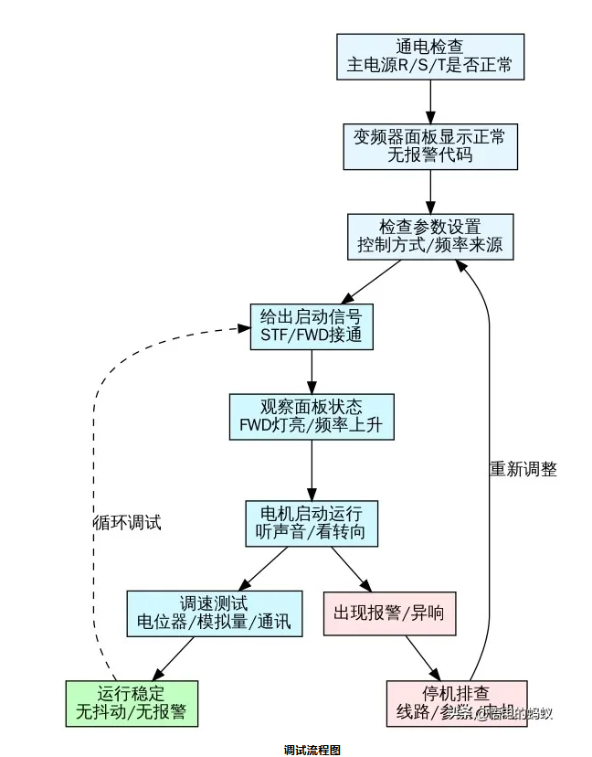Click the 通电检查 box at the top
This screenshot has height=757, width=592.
click(429, 56)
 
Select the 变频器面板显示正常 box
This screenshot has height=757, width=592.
click(429, 145)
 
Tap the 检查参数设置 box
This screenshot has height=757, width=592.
click(429, 235)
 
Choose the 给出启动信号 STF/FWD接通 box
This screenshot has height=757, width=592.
click(312, 326)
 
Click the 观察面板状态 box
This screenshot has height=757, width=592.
click(312, 416)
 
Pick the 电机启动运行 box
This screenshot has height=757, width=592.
click(312, 523)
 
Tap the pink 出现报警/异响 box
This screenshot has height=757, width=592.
click(389, 613)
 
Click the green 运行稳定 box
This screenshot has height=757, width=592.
click(132, 702)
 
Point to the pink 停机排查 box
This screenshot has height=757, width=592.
click(456, 702)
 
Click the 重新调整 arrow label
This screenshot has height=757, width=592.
click(523, 469)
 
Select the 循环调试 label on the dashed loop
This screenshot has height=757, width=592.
click(128, 523)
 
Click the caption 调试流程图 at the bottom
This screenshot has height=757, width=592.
click(312, 750)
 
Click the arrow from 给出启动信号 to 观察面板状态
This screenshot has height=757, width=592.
click(312, 371)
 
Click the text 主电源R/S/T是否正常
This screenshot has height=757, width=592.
click(429, 66)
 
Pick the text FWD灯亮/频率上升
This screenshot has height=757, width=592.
click(312, 425)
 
